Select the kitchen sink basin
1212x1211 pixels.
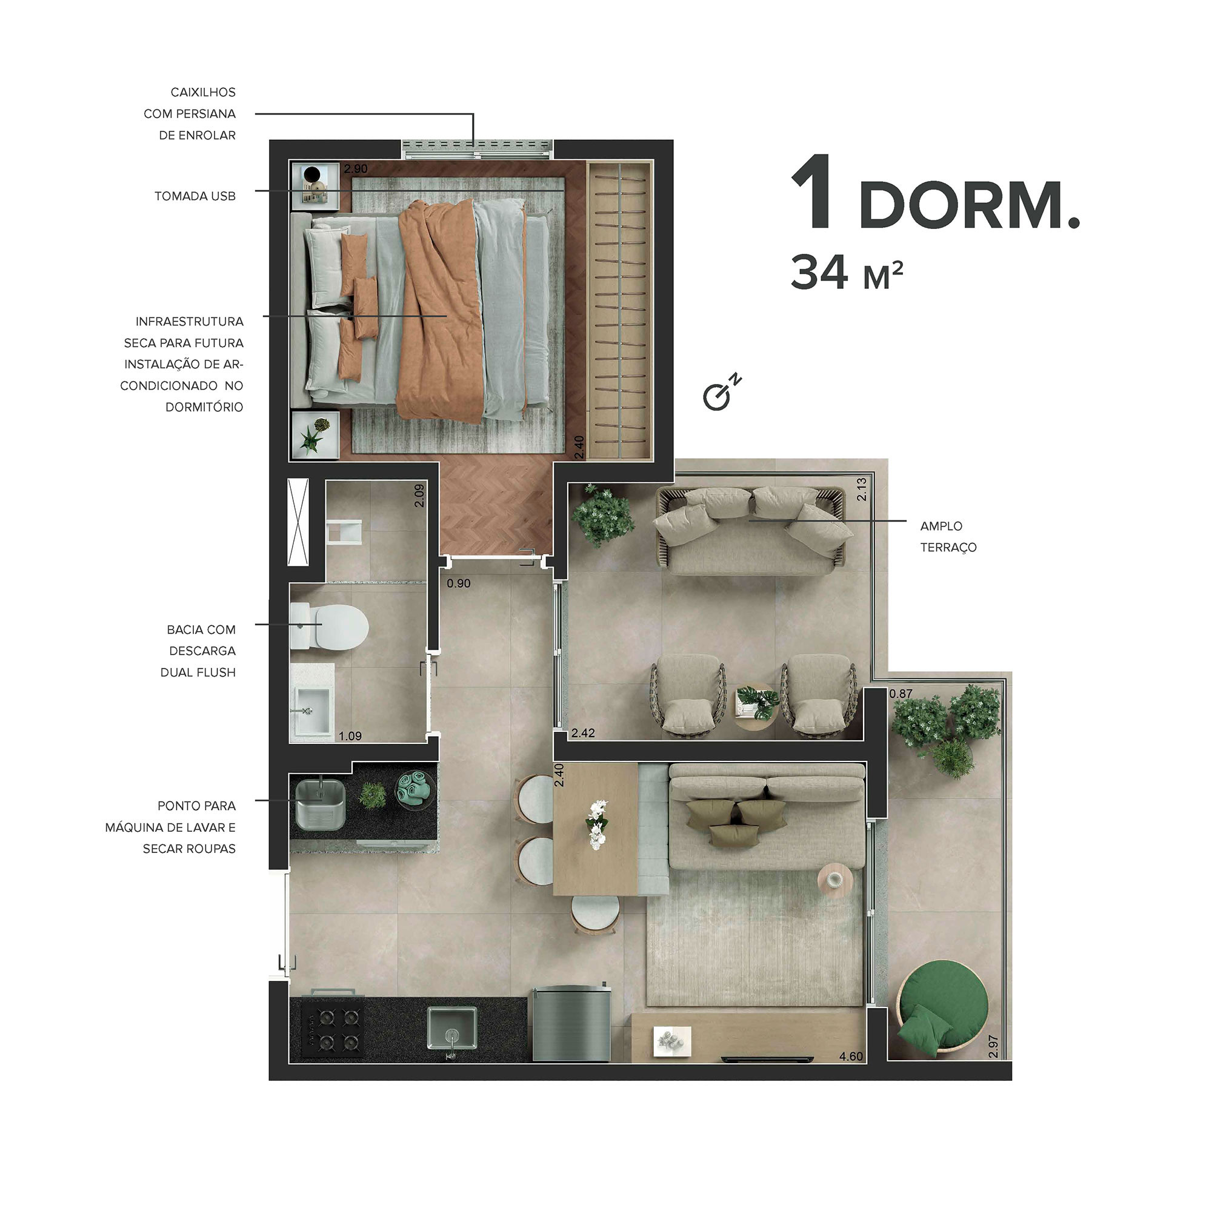coord(451,1027)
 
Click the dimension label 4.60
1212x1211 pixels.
coord(851,1056)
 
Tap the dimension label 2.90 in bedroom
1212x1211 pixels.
coord(356,168)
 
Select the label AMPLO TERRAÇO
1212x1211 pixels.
coord(948,536)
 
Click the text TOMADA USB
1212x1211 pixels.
coord(195,196)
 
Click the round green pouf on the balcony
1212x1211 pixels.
coord(942,1011)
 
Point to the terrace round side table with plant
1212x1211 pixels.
coord(756,706)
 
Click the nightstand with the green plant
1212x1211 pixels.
coord(315,434)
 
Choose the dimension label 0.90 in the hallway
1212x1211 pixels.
coord(459,583)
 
